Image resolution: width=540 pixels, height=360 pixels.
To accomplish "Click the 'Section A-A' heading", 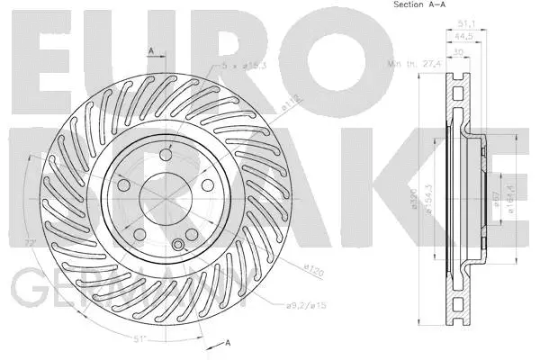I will point(419,5).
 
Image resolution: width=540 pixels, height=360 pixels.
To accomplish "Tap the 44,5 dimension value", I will point(463,37).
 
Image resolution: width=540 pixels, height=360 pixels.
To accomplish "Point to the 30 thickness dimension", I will point(459,50).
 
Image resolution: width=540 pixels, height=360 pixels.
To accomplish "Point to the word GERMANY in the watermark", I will point(126,290).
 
